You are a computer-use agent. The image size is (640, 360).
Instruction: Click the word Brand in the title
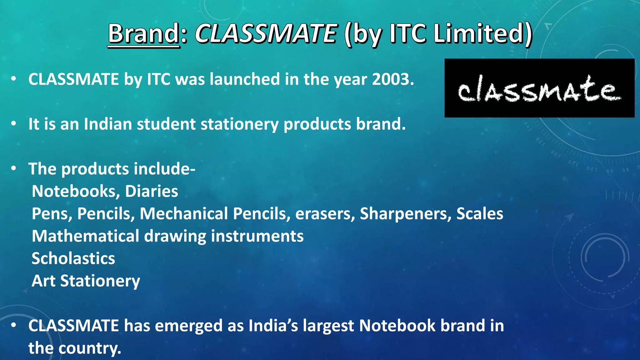(x=143, y=33)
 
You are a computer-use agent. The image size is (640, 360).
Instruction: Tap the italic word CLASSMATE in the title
(x=266, y=33)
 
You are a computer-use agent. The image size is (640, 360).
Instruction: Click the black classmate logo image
(x=539, y=88)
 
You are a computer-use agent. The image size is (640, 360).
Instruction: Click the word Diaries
(x=152, y=191)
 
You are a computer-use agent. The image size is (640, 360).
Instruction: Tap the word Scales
(x=480, y=214)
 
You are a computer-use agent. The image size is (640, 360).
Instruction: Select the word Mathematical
(x=85, y=236)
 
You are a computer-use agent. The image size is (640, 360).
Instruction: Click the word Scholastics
(x=73, y=258)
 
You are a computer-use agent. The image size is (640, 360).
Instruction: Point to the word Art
(x=43, y=281)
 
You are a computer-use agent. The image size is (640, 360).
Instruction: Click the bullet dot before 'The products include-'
(x=13, y=168)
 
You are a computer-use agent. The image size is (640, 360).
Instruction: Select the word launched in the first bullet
(x=245, y=79)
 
